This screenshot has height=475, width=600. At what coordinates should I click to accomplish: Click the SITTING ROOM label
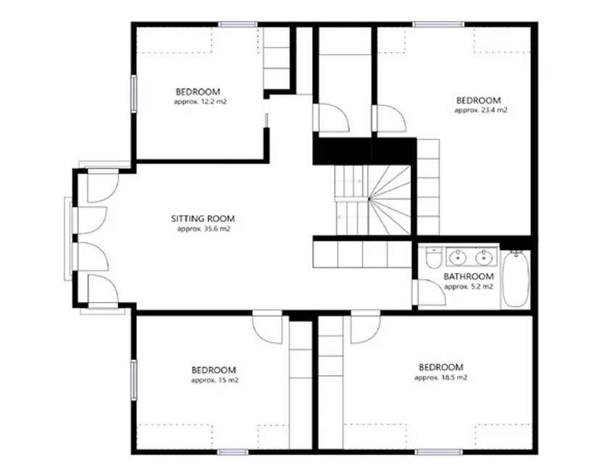[203, 219]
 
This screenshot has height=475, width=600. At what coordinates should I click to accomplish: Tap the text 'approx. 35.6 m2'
[204, 229]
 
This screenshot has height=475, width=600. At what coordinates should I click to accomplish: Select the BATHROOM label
[468, 277]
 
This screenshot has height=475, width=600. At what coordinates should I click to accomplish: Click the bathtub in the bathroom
[516, 279]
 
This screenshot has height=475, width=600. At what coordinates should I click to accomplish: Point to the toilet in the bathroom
[433, 258]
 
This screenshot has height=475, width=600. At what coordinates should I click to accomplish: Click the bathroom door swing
[430, 293]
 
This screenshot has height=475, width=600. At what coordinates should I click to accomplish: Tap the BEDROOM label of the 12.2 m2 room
[198, 92]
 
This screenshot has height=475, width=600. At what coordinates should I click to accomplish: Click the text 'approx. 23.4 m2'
[480, 110]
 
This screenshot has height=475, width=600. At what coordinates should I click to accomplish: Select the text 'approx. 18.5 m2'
[441, 377]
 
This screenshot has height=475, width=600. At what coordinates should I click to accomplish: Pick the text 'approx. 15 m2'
[214, 380]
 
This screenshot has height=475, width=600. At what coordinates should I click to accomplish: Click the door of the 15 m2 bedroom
[267, 327]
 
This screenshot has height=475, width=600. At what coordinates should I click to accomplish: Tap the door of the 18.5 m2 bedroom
[365, 327]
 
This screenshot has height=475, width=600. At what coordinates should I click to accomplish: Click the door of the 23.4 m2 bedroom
[389, 119]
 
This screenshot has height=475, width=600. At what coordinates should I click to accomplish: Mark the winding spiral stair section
[390, 200]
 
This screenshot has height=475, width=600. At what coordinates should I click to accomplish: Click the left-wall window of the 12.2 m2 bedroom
[133, 93]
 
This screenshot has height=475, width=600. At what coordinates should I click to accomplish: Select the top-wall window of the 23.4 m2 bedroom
[438, 25]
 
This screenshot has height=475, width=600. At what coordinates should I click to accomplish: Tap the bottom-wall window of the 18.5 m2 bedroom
[438, 452]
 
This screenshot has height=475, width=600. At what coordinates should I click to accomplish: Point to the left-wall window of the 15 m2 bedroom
[133, 379]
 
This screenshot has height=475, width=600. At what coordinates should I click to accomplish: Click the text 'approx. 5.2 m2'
[469, 287]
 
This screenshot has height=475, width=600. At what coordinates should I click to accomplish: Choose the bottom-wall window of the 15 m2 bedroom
[233, 452]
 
